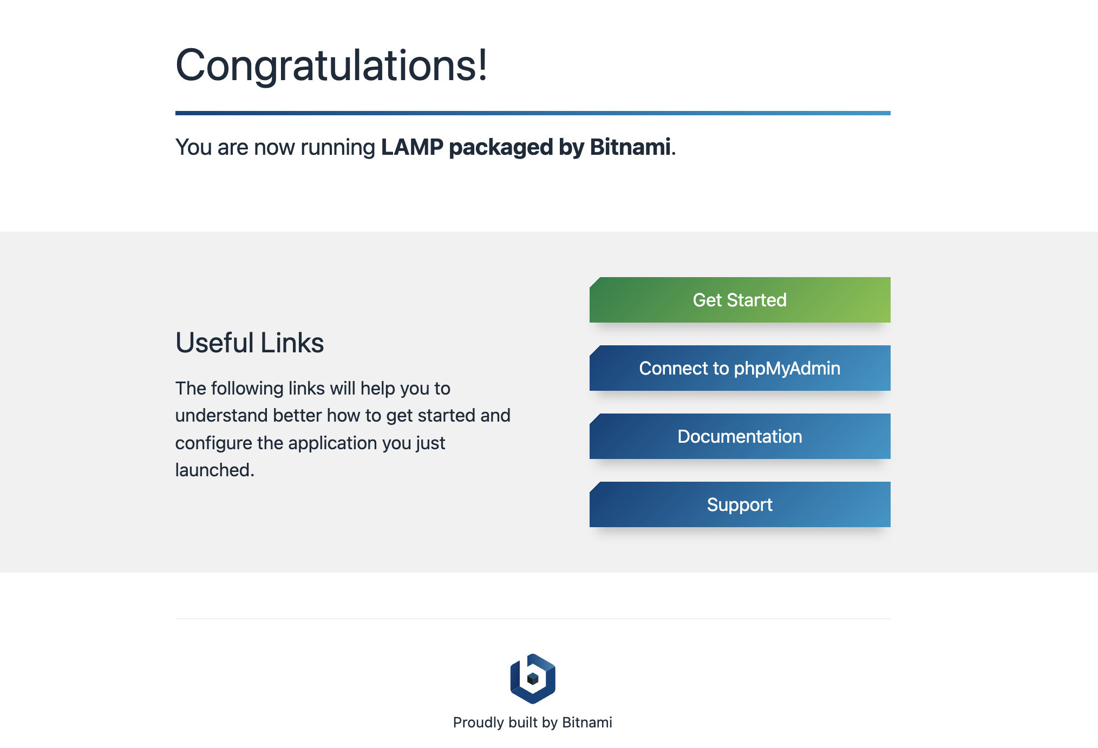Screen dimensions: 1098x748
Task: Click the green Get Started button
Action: tap(740, 300)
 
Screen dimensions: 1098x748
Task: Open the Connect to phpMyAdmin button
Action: tap(740, 368)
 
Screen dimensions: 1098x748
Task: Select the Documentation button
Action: tap(740, 436)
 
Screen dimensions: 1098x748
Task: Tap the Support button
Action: tap(740, 504)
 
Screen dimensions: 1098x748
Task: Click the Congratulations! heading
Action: tap(331, 65)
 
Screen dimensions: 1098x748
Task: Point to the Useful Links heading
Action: tap(250, 343)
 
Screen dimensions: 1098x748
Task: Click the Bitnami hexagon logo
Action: tap(533, 679)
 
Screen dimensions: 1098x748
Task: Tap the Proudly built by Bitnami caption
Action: tap(533, 723)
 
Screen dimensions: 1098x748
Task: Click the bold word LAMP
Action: tap(412, 147)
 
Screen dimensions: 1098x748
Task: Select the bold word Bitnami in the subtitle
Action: tap(630, 147)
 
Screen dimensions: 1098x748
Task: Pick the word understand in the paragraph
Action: tap(221, 415)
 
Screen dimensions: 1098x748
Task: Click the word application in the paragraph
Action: tap(332, 443)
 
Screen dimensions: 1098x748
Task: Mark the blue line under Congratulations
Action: tap(533, 113)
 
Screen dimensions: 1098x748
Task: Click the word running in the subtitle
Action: tap(338, 148)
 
